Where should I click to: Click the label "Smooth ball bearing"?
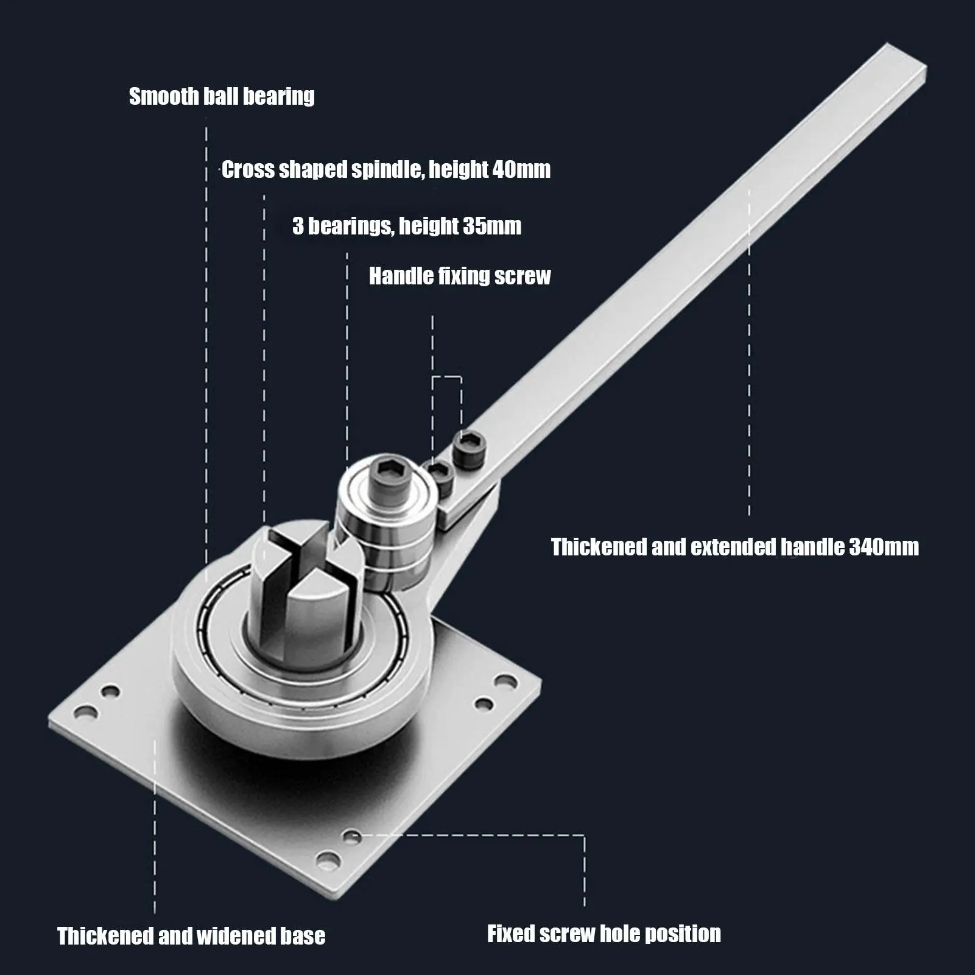coord(222,96)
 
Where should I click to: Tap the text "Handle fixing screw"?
coord(460,276)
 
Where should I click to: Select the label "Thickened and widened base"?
coord(191,935)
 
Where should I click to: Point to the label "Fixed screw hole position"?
coord(604,934)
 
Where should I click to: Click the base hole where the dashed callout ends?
coord(350,836)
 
